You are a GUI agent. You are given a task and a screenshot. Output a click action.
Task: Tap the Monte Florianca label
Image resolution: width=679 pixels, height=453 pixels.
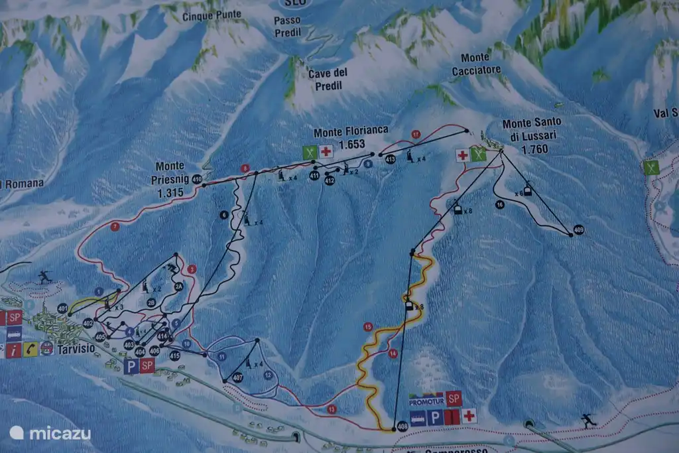(351, 131)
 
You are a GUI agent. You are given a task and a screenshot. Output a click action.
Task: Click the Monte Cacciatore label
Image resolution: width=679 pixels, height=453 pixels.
(476, 64)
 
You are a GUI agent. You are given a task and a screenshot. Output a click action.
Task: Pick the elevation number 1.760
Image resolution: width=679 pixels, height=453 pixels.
(535, 149)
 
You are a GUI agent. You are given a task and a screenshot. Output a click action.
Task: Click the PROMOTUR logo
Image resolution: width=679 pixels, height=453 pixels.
(425, 401)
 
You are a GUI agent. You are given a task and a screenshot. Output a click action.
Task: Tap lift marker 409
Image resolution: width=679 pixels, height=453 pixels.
(579, 229)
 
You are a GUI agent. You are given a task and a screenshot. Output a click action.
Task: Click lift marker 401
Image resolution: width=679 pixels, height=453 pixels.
(62, 308)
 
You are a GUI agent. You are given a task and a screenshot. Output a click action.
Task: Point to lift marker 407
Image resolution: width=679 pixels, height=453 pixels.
(237, 377)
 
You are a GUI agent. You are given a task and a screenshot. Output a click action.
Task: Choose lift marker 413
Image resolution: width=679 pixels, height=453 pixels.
(390, 159)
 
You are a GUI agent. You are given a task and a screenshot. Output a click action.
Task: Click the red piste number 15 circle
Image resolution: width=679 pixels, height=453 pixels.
(368, 326)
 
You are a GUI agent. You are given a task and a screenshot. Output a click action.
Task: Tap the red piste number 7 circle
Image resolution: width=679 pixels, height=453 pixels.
(115, 226)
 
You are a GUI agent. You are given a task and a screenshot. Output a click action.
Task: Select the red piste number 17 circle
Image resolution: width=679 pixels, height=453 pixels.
(416, 135)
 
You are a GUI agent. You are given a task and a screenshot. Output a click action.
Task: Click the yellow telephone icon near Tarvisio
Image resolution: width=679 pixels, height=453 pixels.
(31, 349)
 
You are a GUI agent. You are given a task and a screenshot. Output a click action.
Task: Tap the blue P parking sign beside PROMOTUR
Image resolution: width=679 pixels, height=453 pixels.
(435, 417)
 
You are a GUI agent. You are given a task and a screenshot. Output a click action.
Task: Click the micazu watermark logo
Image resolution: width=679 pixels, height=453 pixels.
(50, 433)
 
